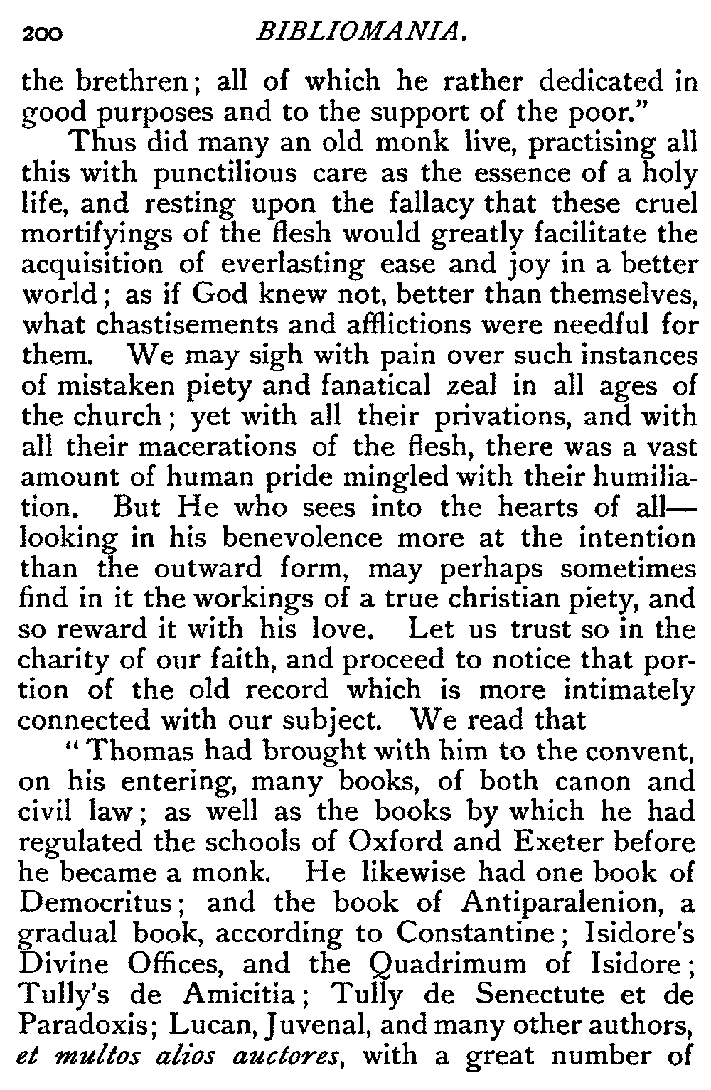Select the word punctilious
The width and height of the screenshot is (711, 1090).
tap(221, 173)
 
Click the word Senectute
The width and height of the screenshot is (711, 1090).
tap(530, 994)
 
